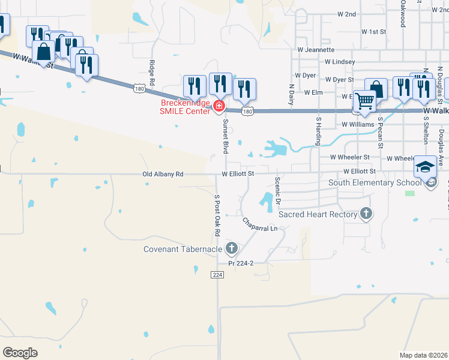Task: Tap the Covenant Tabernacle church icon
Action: pos(232,248)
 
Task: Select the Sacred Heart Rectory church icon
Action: pos(366,214)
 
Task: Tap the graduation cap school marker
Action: pos(426,167)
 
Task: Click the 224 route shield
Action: pos(217,274)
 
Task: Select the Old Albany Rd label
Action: pos(163,174)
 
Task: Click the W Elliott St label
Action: pos(238,174)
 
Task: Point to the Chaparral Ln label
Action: pos(260,225)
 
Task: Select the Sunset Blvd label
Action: pos(226,136)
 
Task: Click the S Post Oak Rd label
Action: pos(217,215)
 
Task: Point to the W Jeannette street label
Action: pos(315,50)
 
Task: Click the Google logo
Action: pos(20,352)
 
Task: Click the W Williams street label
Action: pos(358,125)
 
